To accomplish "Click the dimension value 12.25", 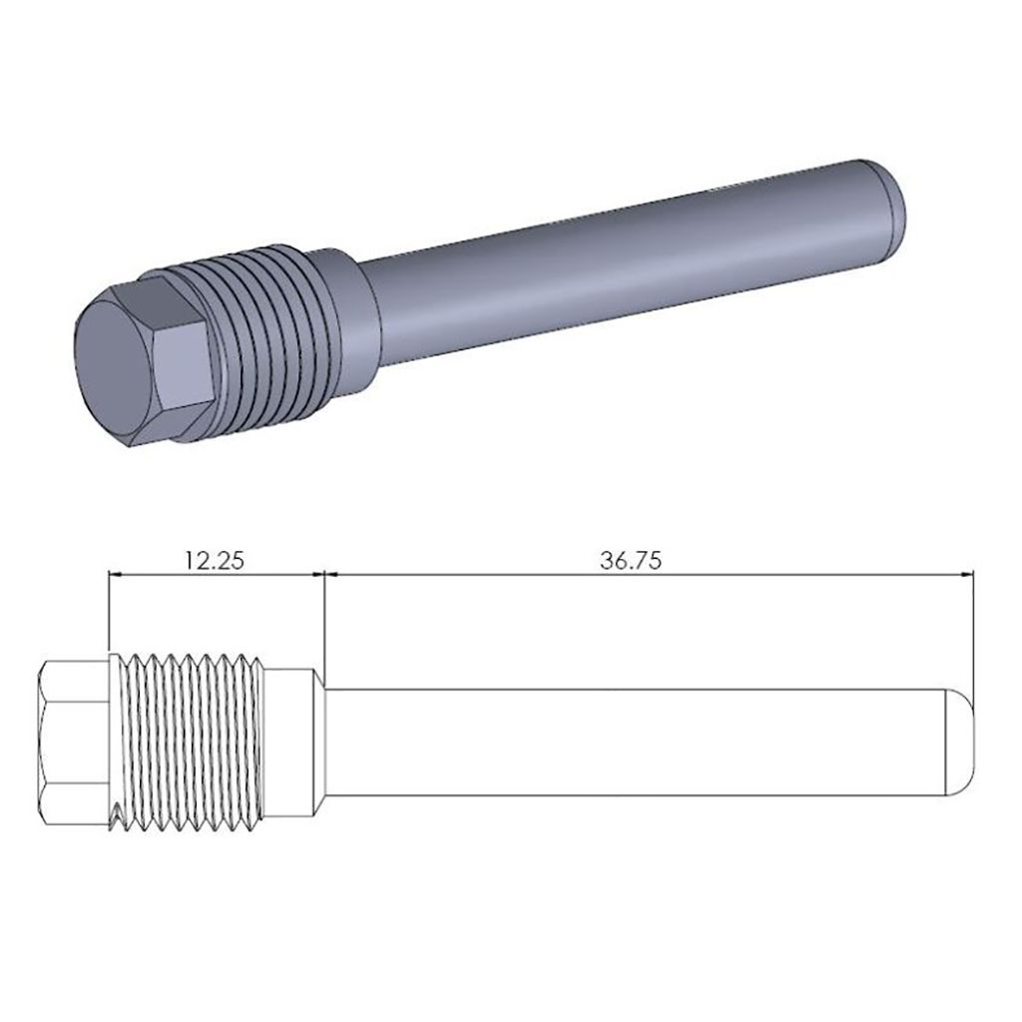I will point(214,560).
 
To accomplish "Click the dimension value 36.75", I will point(631,560).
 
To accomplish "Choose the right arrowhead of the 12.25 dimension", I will point(318,574).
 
